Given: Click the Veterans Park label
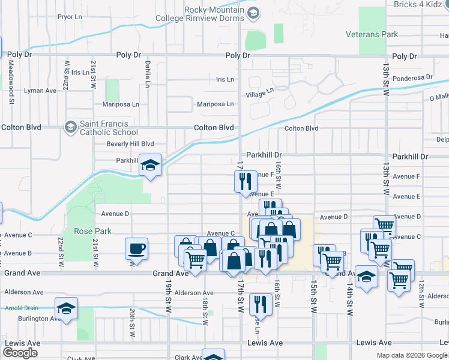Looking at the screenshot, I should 372,34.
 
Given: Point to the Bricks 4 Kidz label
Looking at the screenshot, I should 421,4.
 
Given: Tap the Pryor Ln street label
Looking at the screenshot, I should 69,16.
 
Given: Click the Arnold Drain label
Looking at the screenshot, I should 17,308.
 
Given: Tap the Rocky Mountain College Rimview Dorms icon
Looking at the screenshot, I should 253,13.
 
